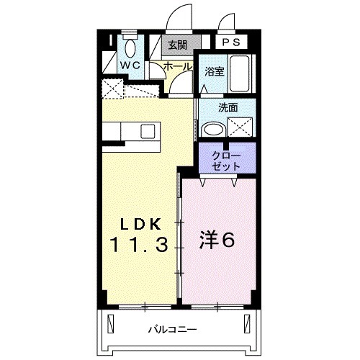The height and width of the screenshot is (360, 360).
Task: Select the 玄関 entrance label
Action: [x=178, y=45]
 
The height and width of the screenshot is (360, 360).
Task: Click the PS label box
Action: [x=230, y=42]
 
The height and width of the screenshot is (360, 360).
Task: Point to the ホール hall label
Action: [x=178, y=66]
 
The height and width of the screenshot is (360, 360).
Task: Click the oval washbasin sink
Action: [x=212, y=130]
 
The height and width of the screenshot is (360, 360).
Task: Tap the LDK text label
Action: [x=140, y=222]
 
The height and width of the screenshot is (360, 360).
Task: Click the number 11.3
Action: [x=140, y=244]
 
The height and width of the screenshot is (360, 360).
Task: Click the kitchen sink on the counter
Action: [x=148, y=131]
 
